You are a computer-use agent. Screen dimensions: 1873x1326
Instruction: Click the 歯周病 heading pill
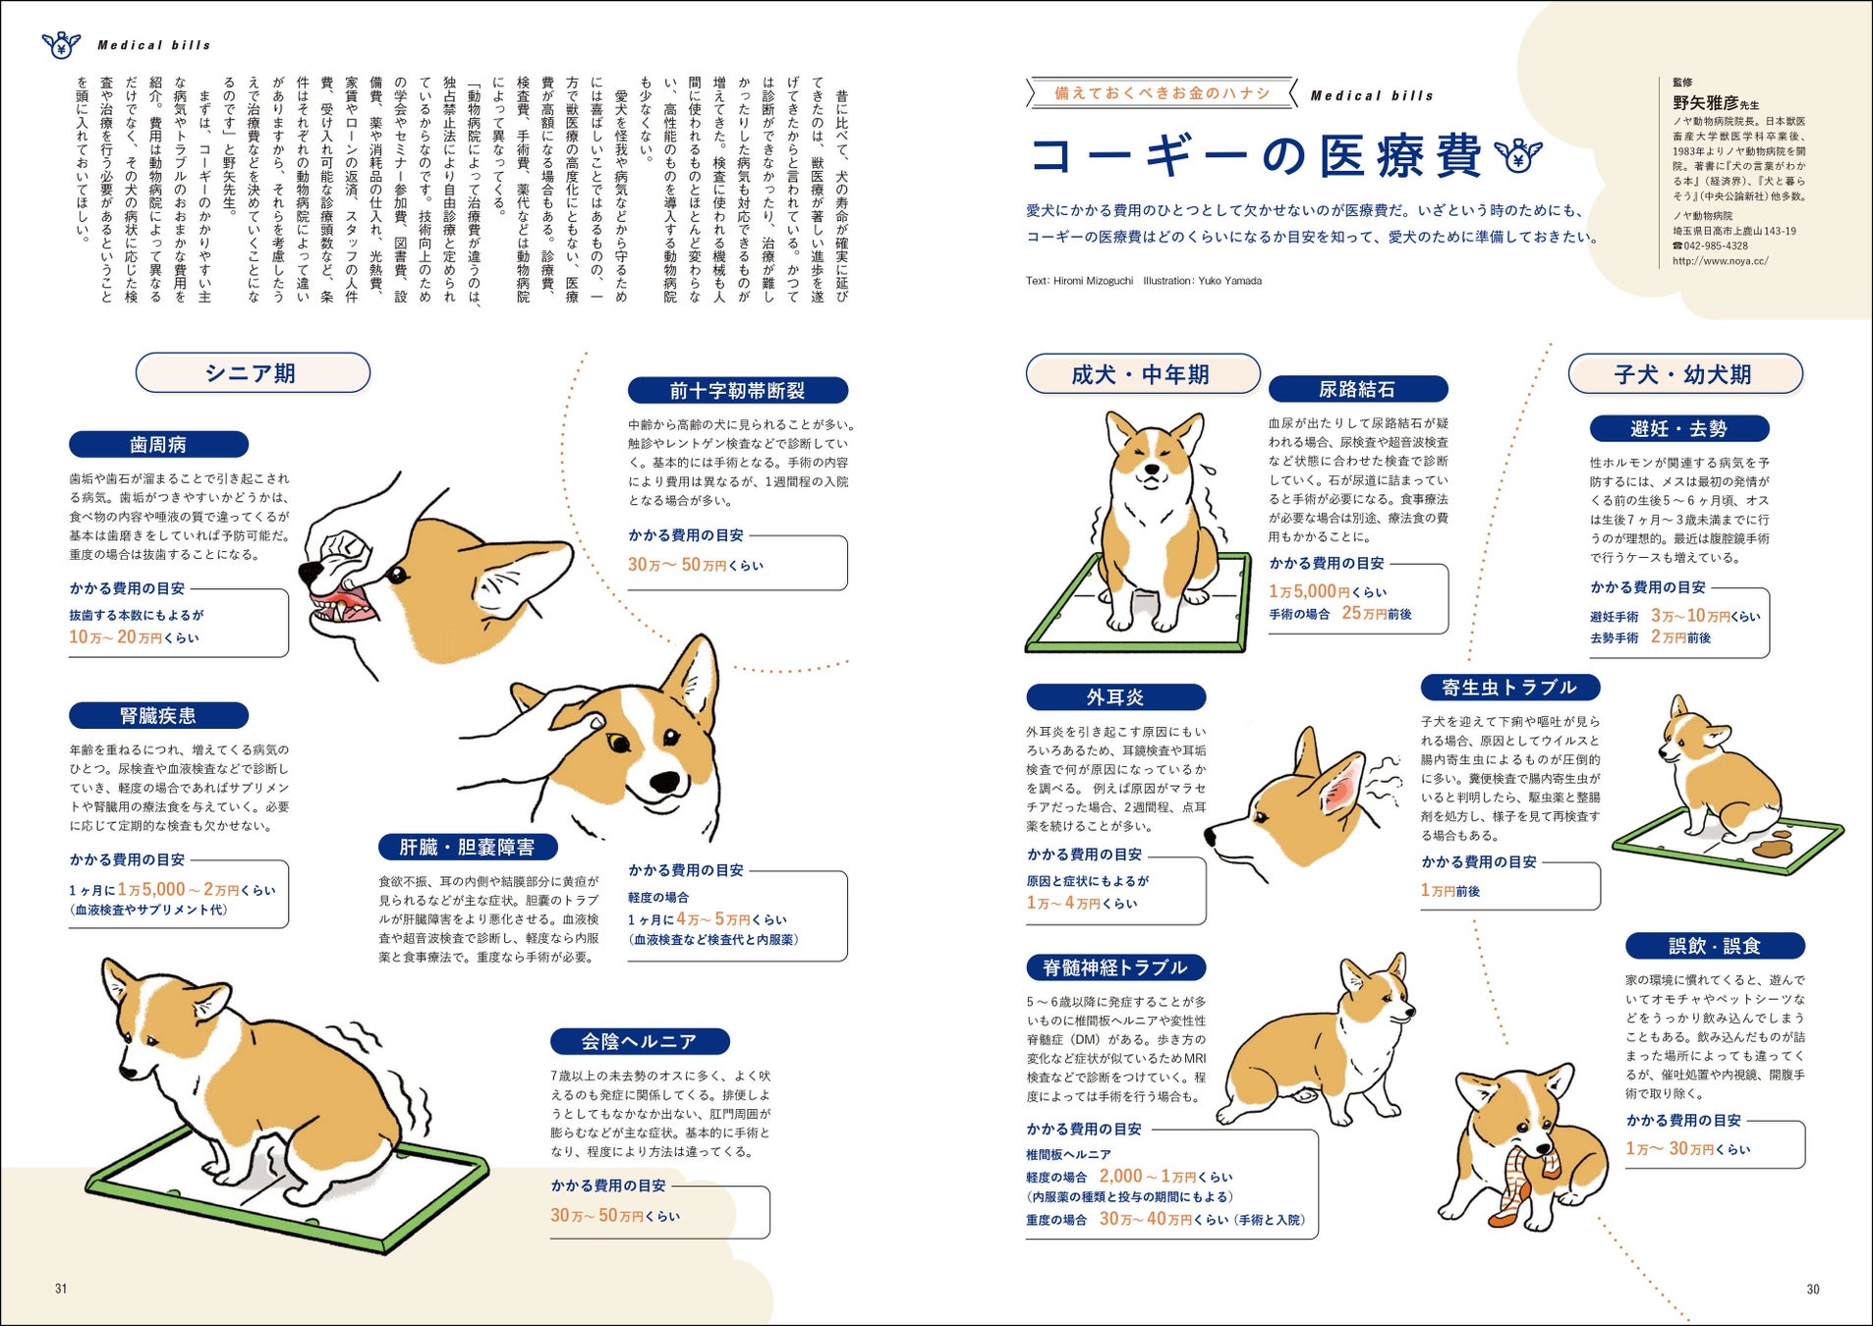pyautogui.click(x=158, y=445)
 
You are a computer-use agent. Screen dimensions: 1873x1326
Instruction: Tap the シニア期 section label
pyautogui.click(x=253, y=373)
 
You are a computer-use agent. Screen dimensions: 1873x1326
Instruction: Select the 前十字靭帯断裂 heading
pyautogui.click(x=737, y=391)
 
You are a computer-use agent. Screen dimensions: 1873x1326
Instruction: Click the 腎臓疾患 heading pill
pyautogui.click(x=158, y=716)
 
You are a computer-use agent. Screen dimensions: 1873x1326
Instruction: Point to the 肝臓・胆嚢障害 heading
pyautogui.click(x=468, y=848)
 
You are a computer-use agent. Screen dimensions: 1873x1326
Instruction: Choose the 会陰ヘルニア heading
pyautogui.click(x=640, y=1041)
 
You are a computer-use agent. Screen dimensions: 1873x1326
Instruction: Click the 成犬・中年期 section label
pyautogui.click(x=1143, y=374)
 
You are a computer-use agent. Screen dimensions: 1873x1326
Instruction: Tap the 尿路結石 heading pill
pyautogui.click(x=1358, y=389)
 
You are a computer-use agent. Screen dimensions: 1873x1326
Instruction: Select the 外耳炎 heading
pyautogui.click(x=1115, y=697)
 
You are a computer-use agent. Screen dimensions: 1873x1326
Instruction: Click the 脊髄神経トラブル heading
pyautogui.click(x=1115, y=967)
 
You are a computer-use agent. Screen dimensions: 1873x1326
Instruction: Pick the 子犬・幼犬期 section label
pyautogui.click(x=1685, y=374)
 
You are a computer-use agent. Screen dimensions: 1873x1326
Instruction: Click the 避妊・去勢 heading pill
pyautogui.click(x=1679, y=429)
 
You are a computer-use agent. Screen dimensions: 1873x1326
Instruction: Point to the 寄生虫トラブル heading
pyautogui.click(x=1509, y=688)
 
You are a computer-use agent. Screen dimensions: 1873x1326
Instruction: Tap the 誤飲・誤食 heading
pyautogui.click(x=1715, y=946)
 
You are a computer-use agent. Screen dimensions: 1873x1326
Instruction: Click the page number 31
pyautogui.click(x=61, y=1289)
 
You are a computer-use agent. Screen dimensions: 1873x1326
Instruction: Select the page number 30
pyautogui.click(x=1813, y=1289)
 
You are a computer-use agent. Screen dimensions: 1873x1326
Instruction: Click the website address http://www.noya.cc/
pyautogui.click(x=1721, y=261)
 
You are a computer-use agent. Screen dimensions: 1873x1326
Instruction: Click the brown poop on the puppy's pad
pyautogui.click(x=1776, y=845)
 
